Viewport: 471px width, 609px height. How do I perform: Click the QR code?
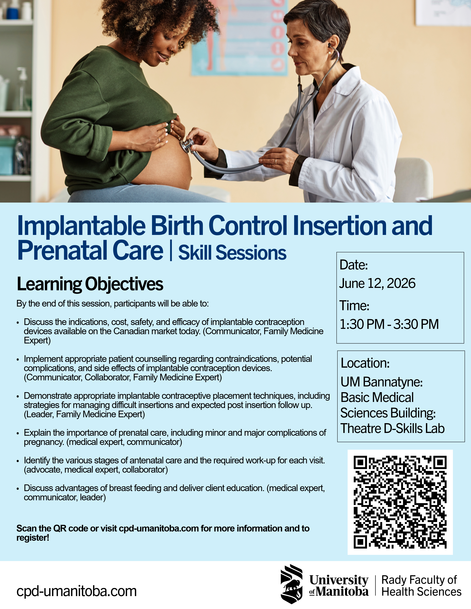(x=400, y=502)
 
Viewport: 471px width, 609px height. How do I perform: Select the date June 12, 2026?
(x=377, y=283)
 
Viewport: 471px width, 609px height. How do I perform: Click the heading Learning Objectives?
(x=90, y=284)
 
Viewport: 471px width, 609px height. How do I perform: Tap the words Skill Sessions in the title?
(x=232, y=253)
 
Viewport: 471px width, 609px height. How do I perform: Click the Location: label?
(x=365, y=363)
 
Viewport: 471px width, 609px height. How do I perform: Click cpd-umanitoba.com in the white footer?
(x=76, y=591)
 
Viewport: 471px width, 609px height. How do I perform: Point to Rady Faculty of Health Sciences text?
(x=421, y=585)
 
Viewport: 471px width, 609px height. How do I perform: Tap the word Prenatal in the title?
(x=62, y=250)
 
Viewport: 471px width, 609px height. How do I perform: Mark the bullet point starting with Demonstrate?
(x=18, y=396)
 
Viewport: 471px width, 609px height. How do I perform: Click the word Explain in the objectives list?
(x=37, y=433)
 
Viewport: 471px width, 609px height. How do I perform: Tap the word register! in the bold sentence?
(x=33, y=538)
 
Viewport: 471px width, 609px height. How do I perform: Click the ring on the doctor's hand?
(x=276, y=161)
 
